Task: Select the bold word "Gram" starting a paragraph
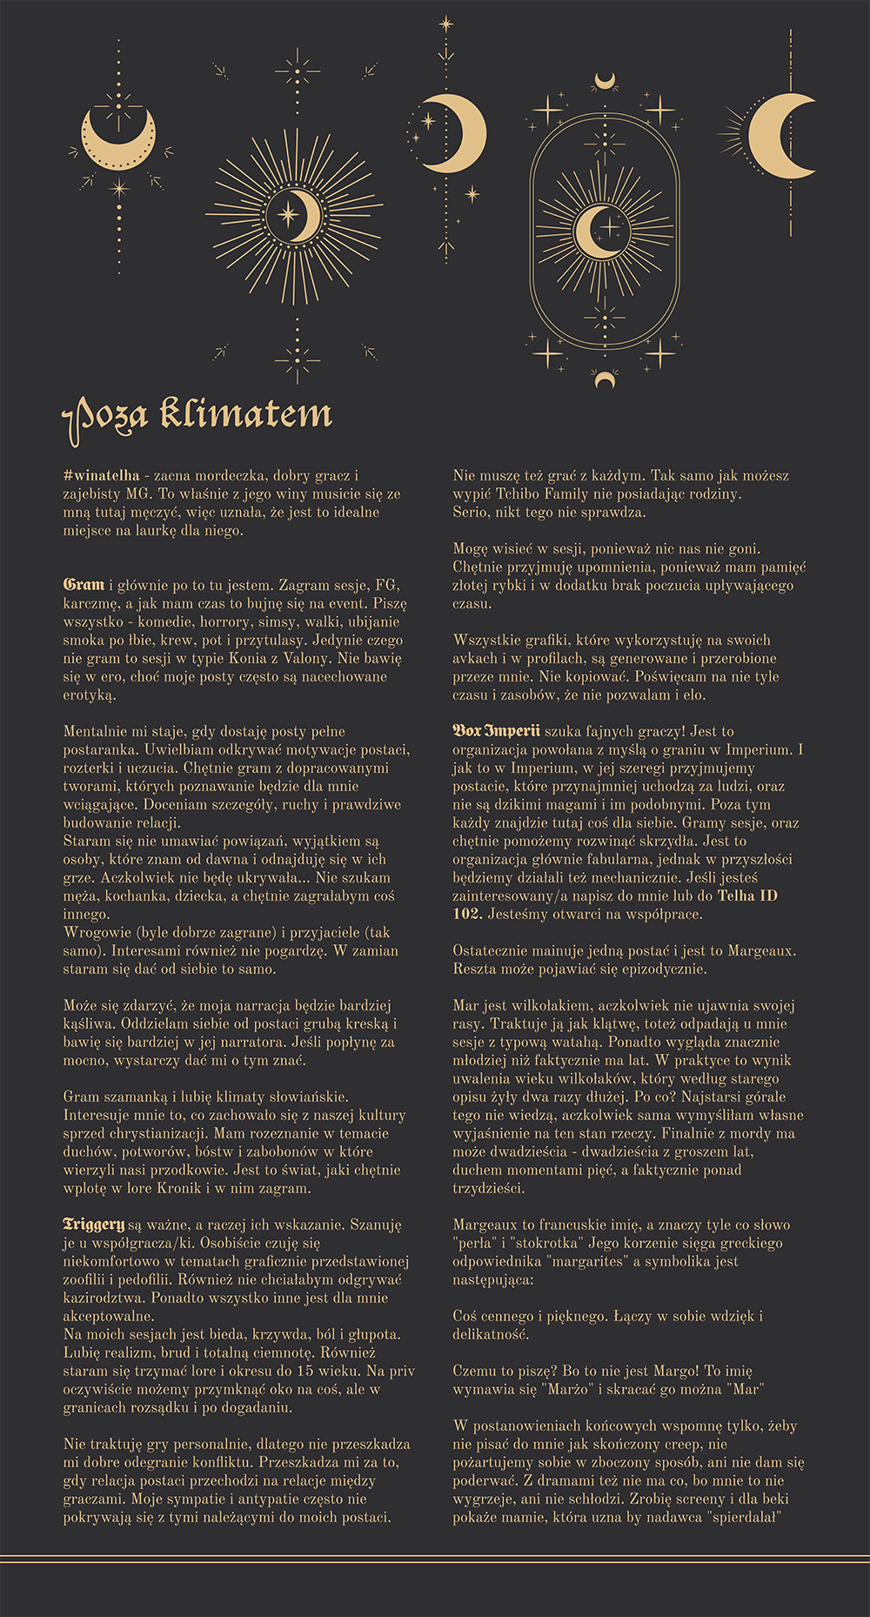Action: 84,585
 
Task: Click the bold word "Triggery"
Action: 94,1224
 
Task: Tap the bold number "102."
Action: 467,914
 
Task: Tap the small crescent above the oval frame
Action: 605,82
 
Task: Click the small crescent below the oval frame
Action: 605,379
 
